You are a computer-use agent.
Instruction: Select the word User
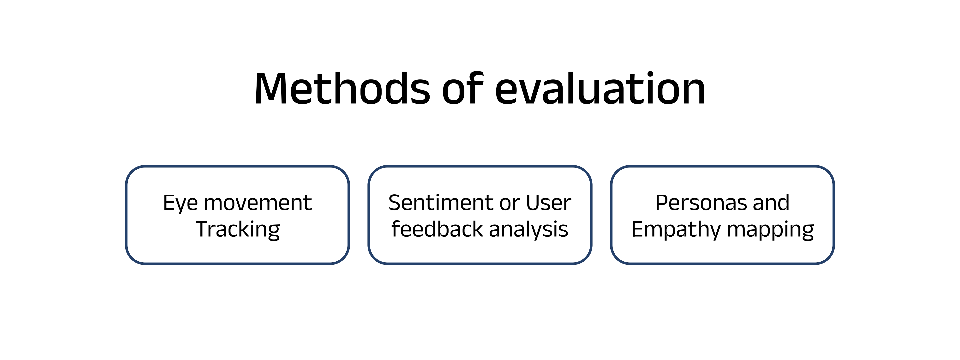(549, 203)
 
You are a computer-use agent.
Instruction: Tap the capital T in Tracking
(204, 229)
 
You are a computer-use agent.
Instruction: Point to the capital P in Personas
(662, 203)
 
